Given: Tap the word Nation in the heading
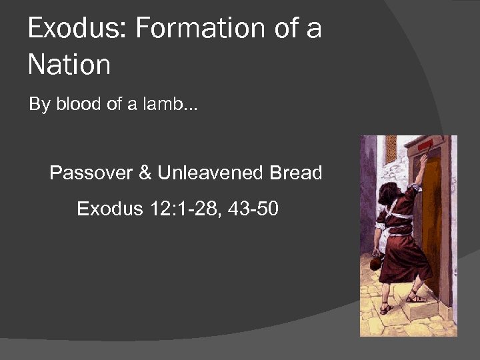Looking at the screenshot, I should tap(69, 65).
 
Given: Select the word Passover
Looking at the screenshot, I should tap(91, 173).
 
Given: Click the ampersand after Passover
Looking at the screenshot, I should tap(145, 173).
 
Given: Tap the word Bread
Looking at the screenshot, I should tap(295, 173).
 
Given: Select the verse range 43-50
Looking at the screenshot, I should tap(253, 209).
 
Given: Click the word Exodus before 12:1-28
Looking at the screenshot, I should tap(107, 209).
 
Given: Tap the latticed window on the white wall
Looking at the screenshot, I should tap(391, 149).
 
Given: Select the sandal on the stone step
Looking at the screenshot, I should tap(417, 297).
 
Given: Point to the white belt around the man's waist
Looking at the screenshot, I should tap(399, 231).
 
